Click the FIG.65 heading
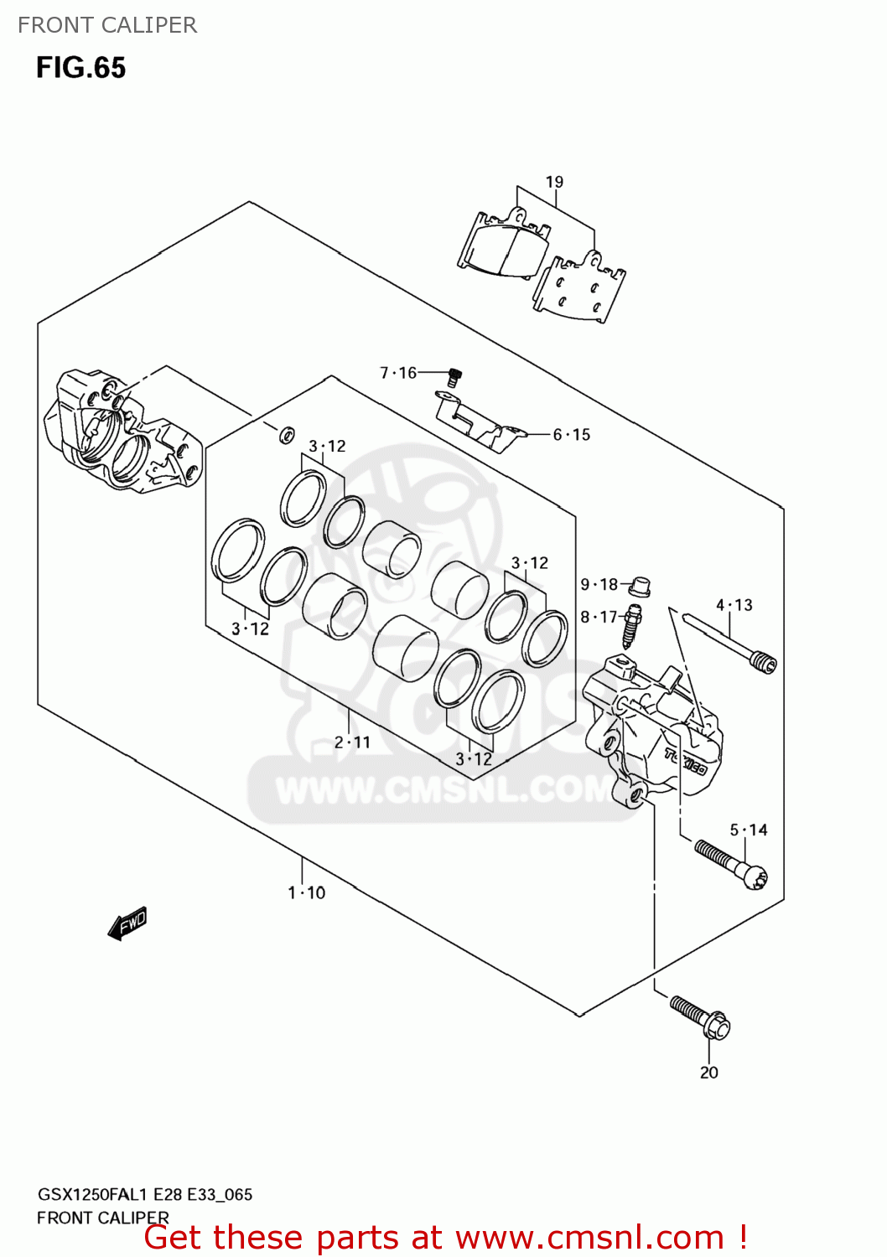[x=80, y=68]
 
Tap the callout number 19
[x=554, y=182]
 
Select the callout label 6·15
[x=572, y=435]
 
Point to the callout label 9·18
[x=599, y=585]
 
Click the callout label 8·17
[x=599, y=618]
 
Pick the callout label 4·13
[x=734, y=605]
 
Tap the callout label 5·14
[x=749, y=830]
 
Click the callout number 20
[x=709, y=1073]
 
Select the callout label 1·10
[x=306, y=893]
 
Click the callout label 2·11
[x=352, y=742]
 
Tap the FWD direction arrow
[x=127, y=923]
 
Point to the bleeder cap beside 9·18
[x=640, y=586]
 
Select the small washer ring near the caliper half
[x=286, y=434]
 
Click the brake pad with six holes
[x=579, y=287]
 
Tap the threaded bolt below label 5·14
[x=730, y=864]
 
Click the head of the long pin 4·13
[x=765, y=663]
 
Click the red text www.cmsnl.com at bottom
[x=589, y=1237]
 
